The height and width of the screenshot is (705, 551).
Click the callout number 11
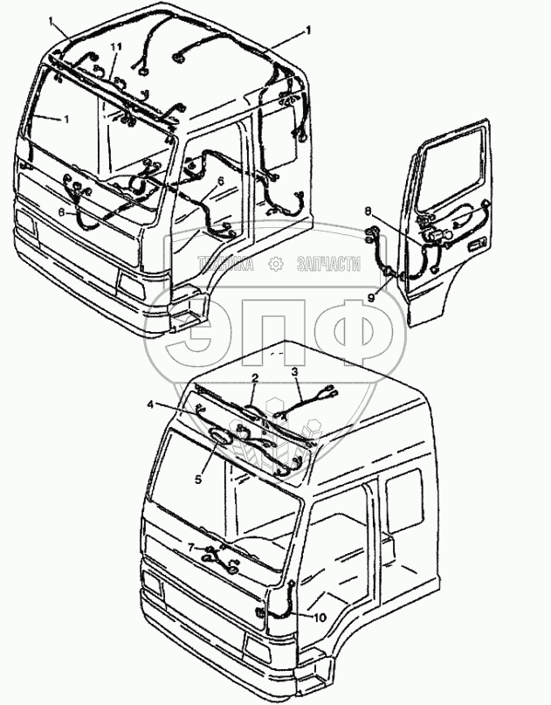point(115,45)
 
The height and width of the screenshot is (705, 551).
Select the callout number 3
point(295,372)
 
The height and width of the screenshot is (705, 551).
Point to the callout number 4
point(149,404)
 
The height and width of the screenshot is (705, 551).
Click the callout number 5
point(198,479)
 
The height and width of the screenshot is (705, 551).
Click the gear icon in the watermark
point(275,264)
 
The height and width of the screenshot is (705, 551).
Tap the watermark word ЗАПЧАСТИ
point(329,264)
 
